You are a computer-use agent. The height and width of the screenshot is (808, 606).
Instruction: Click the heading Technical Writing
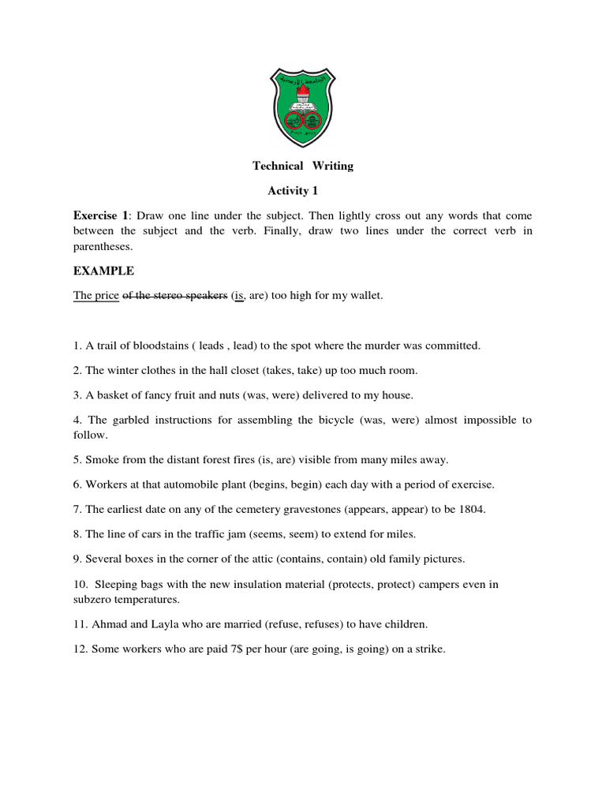click(x=303, y=166)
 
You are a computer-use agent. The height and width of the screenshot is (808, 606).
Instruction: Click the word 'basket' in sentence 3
click(x=112, y=395)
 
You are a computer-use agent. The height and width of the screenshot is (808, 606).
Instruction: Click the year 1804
click(x=472, y=509)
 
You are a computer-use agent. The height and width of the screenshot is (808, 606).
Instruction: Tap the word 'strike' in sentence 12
click(x=430, y=649)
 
